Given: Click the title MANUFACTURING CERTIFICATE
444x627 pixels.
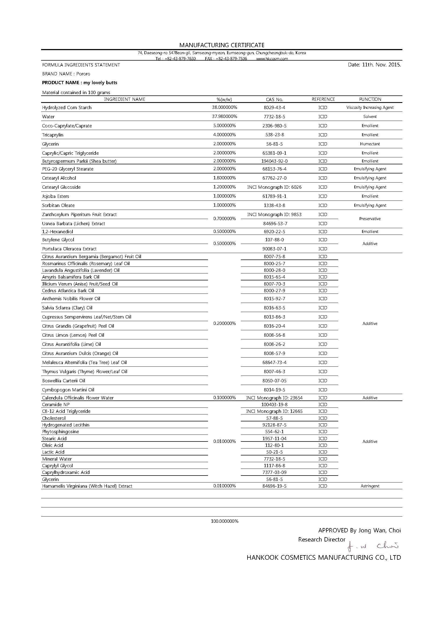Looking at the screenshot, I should [222, 45].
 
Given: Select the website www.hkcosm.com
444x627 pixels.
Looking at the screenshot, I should [272, 58].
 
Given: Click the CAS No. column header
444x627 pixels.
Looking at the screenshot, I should [275, 99].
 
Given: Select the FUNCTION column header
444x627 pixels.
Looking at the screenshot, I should [370, 99].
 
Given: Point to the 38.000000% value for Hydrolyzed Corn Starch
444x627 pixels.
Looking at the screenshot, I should [224, 107].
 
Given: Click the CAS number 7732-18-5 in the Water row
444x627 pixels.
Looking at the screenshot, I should [275, 117].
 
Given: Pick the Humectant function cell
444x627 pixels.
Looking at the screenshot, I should [370, 144].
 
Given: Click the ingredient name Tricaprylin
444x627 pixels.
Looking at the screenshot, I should [53, 135].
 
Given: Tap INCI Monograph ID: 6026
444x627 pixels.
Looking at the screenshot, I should [274, 187].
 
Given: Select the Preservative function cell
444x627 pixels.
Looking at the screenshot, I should [370, 219].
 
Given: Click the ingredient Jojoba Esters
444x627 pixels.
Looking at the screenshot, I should [56, 196].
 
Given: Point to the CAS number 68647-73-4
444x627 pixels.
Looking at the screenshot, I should [275, 362].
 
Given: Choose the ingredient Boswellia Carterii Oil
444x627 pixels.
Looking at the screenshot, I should [64, 381].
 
